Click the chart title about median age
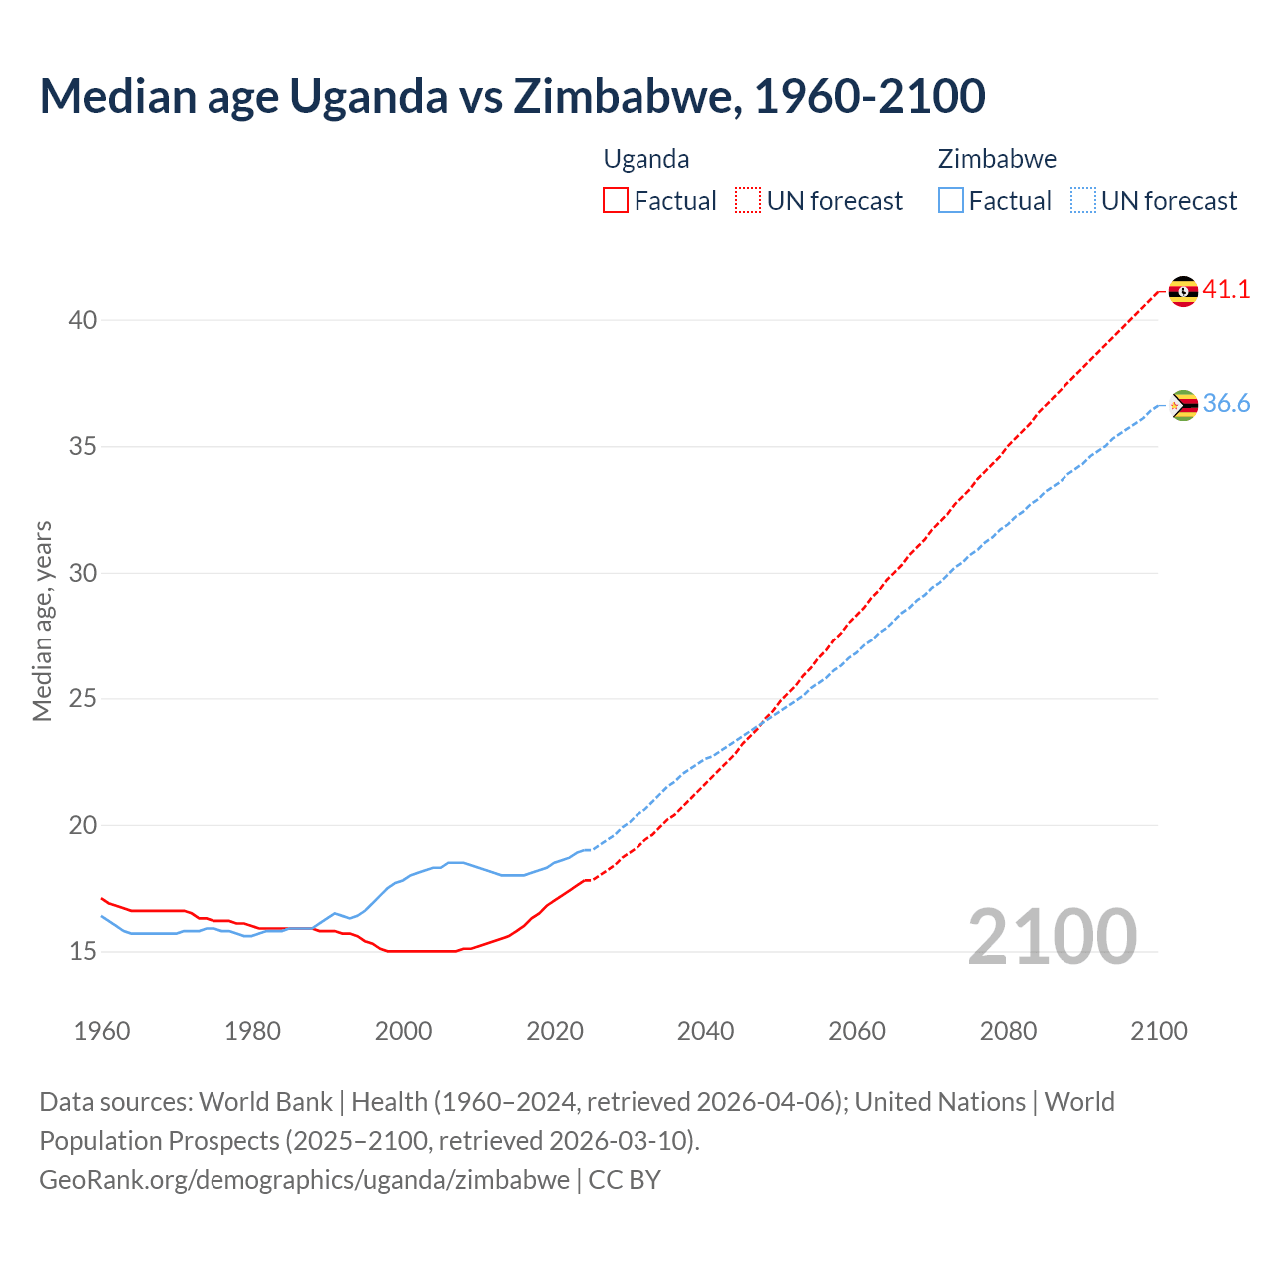(x=512, y=96)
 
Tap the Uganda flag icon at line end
(x=1183, y=291)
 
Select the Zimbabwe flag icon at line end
(x=1183, y=405)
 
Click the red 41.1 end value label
(x=1226, y=290)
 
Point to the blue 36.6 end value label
(x=1226, y=404)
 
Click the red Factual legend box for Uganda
(x=616, y=201)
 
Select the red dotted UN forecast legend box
(x=748, y=201)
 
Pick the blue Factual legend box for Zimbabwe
(x=951, y=201)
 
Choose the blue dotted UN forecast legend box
(x=1082, y=201)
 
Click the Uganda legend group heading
(x=646, y=159)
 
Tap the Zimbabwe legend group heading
(x=997, y=159)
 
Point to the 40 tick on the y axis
(x=83, y=320)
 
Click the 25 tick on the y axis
(x=83, y=699)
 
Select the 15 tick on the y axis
(x=83, y=952)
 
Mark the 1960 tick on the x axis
(x=102, y=1031)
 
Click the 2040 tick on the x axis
(x=705, y=1031)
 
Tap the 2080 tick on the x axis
(x=1008, y=1031)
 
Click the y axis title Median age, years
(x=42, y=621)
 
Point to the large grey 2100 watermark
(x=1053, y=937)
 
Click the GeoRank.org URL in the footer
(x=304, y=1180)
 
